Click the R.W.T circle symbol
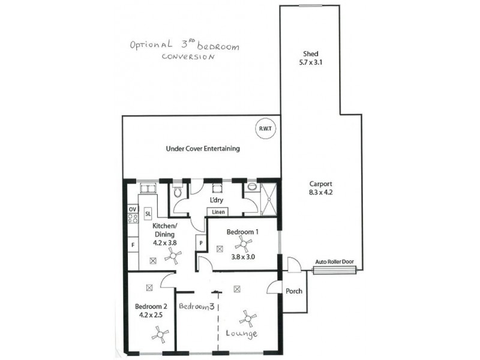pyautogui.click(x=265, y=128)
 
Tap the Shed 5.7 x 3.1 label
pyautogui.click(x=310, y=57)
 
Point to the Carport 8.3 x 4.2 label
pyautogui.click(x=321, y=188)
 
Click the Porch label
pyautogui.click(x=295, y=292)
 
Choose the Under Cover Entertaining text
pyautogui.click(x=203, y=148)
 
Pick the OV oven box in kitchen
pyautogui.click(x=133, y=209)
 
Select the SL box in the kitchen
pyautogui.click(x=148, y=213)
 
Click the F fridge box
pyautogui.click(x=133, y=245)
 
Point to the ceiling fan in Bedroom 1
pyautogui.click(x=244, y=242)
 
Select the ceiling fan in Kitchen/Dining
pyautogui.click(x=173, y=257)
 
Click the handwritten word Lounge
pyautogui.click(x=242, y=333)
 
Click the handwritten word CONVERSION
pyautogui.click(x=188, y=58)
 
